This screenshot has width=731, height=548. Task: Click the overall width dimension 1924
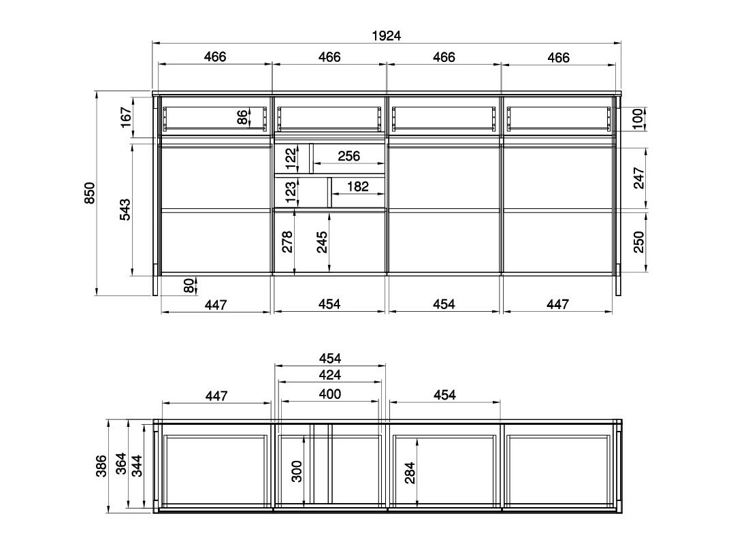(387, 36)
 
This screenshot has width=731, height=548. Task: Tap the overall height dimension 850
(90, 193)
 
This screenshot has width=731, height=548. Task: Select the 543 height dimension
(125, 210)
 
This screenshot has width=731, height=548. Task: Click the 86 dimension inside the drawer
(242, 116)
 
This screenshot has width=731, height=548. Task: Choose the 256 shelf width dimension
(348, 156)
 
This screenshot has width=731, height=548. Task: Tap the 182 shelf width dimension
(358, 187)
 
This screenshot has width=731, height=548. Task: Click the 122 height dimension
(291, 159)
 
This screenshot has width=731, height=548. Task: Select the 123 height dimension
(291, 192)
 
